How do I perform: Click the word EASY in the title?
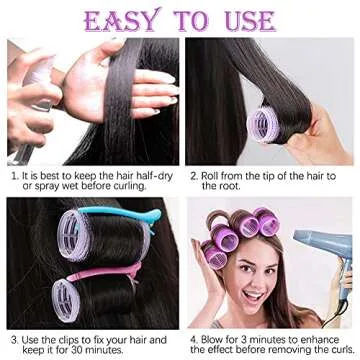121,20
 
